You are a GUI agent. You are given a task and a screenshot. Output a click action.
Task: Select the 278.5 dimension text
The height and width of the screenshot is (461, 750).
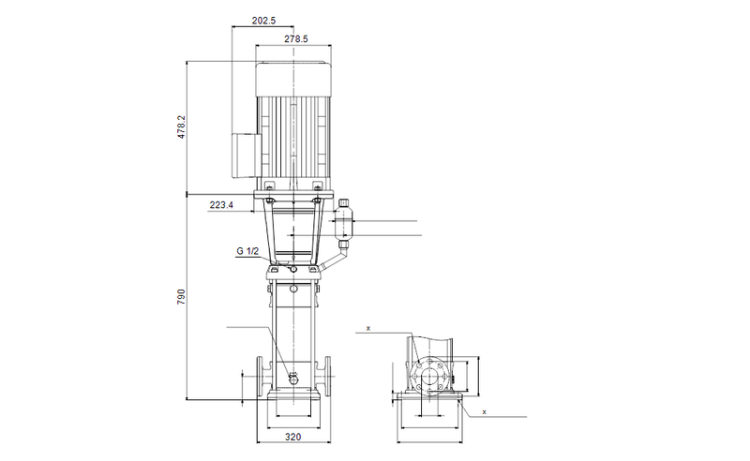[x=295, y=39]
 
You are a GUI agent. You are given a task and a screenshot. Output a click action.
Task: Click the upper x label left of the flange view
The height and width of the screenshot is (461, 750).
[x=368, y=329]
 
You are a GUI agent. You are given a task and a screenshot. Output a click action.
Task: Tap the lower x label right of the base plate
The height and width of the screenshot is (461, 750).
[x=484, y=411]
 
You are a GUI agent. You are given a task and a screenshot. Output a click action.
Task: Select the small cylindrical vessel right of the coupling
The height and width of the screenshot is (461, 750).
[x=344, y=223]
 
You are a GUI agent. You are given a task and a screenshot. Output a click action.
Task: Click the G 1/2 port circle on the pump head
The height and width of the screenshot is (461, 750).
[x=293, y=270]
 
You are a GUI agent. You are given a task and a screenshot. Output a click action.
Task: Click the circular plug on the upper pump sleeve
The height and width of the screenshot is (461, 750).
[x=293, y=290]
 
